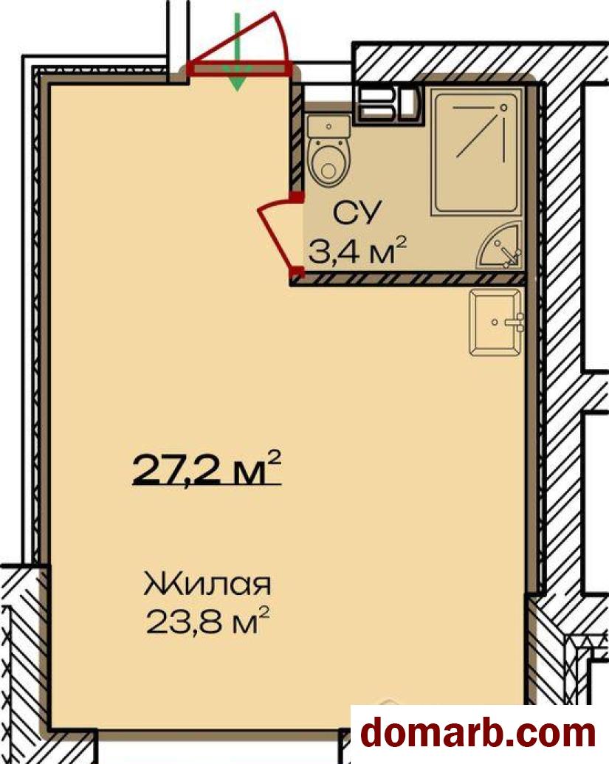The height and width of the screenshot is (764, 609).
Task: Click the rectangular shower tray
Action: click(x=476, y=151)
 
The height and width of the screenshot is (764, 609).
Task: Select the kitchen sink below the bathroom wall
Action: click(x=495, y=322)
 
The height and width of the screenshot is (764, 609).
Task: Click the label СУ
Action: click(x=357, y=213)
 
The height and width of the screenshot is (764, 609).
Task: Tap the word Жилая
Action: click(x=207, y=585)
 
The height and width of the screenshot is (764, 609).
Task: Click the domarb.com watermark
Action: click(x=478, y=734)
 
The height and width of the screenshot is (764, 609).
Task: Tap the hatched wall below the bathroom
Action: click(x=413, y=279)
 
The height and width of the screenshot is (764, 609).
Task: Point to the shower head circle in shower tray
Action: click(x=504, y=108)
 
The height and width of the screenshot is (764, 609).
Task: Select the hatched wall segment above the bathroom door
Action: click(x=296, y=140)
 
